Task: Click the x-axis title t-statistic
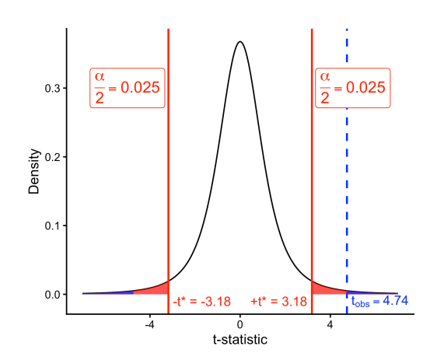240,340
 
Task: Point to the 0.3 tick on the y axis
51,89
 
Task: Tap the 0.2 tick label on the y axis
51,157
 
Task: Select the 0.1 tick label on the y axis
51,225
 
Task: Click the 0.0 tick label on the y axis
51,294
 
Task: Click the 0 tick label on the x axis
240,323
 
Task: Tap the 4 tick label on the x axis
330,323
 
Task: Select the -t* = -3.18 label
201,301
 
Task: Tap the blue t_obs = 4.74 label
379,301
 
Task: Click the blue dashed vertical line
347,156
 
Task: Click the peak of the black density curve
240,42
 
